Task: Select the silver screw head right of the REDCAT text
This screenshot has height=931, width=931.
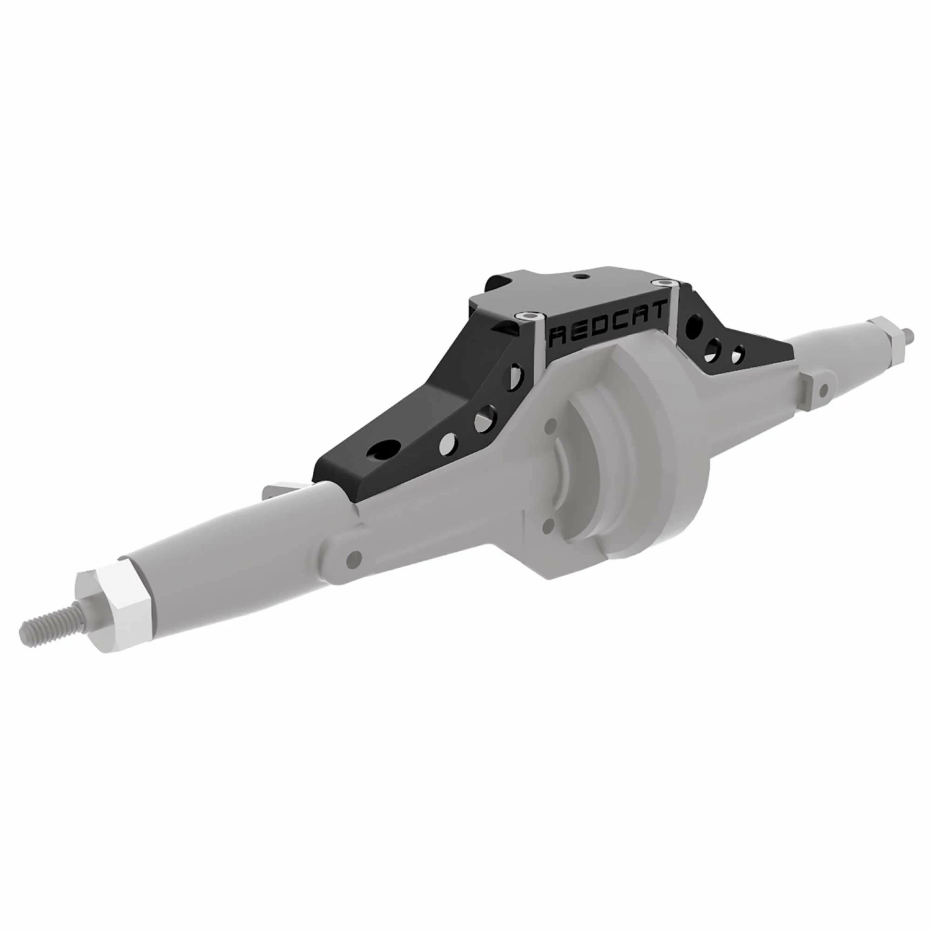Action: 665,282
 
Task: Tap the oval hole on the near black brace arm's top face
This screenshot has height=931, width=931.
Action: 386,448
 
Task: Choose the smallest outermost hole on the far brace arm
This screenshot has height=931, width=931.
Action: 739,354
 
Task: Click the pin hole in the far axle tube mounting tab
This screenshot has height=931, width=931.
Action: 823,389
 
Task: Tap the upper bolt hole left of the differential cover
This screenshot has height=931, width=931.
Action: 549,429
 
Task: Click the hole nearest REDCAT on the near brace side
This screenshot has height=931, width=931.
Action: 515,379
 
